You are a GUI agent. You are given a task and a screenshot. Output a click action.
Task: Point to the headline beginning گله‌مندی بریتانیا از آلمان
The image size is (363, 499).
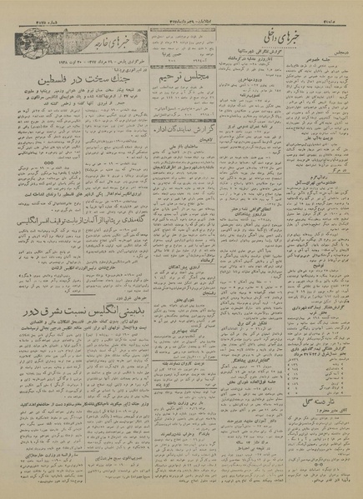(79, 221)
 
